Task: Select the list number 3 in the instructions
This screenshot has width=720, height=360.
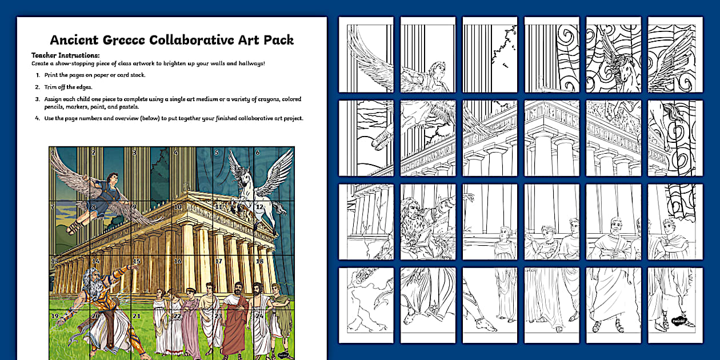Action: coord(38,99)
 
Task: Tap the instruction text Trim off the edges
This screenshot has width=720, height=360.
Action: coord(69,87)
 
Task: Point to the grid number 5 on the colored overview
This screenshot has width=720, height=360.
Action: coord(217,153)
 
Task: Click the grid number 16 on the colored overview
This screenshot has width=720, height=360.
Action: coord(178,261)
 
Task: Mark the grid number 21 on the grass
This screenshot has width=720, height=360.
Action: coord(136,315)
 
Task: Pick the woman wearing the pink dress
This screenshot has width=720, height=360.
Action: coord(190,323)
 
